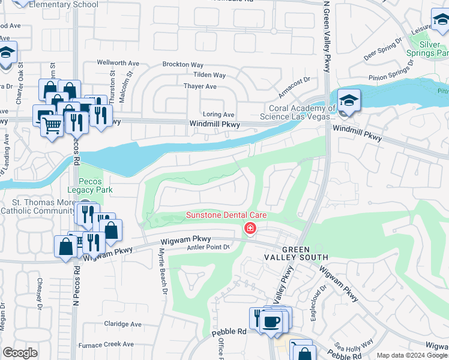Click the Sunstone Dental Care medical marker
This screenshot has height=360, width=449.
[250, 228]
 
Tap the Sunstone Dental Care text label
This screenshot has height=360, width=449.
[226, 215]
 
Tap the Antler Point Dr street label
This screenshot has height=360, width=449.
[209, 247]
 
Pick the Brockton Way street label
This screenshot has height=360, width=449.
[182, 64]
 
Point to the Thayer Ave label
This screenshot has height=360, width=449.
[200, 86]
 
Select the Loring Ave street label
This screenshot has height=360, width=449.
[218, 114]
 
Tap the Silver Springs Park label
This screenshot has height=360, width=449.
[427, 49]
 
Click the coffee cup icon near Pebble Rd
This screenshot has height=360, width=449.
[270, 321]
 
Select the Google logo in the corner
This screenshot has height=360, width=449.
[20, 353]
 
